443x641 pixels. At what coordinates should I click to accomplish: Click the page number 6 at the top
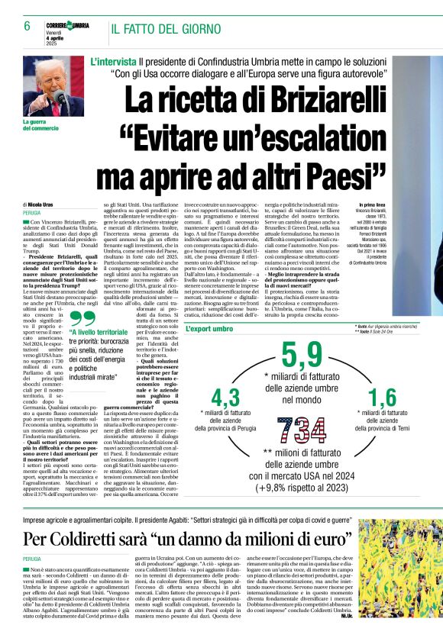pyautogui.click(x=27, y=26)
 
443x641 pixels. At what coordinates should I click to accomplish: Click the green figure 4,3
pyautogui.click(x=225, y=398)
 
